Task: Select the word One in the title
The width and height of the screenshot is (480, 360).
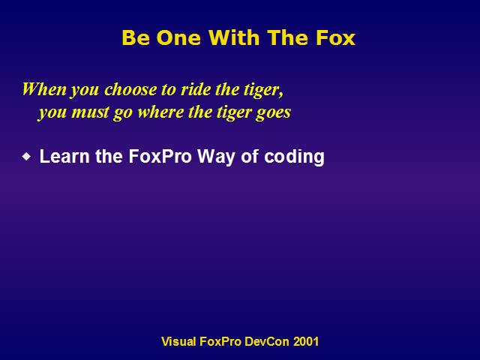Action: (x=178, y=37)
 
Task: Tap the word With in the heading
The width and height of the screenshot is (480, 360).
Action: (x=234, y=37)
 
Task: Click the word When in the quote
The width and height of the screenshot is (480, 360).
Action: (x=44, y=89)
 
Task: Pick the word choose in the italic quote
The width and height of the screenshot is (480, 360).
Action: (x=130, y=89)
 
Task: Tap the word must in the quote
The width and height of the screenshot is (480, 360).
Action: (x=90, y=112)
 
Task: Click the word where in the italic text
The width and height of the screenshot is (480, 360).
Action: (x=160, y=112)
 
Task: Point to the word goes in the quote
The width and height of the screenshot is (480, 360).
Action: (x=273, y=112)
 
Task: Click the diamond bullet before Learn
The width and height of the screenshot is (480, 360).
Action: (x=27, y=157)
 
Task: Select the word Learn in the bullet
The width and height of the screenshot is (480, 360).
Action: (x=64, y=156)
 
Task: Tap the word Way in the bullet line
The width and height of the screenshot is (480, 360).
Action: (x=217, y=157)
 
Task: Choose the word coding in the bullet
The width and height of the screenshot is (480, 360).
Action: (x=294, y=157)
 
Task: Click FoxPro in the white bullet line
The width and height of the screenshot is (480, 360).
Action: (x=160, y=156)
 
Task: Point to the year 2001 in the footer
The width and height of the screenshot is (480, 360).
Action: (x=306, y=341)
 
